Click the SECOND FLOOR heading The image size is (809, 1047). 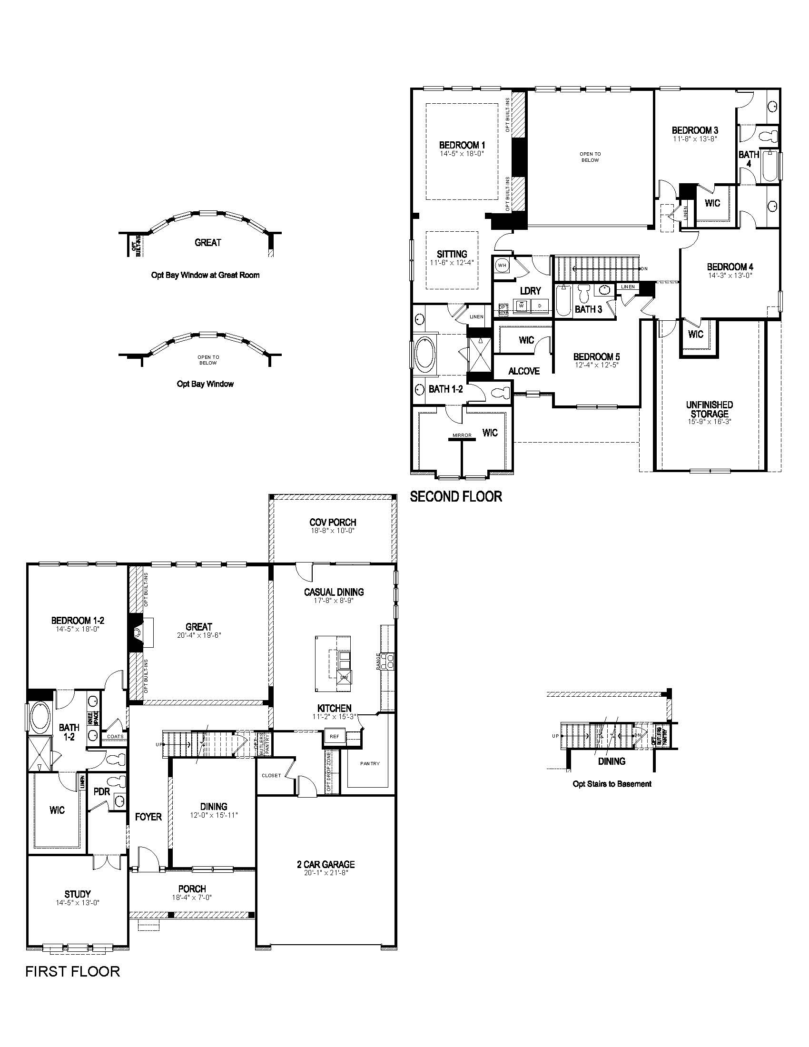(x=456, y=497)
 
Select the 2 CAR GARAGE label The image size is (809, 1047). (x=326, y=864)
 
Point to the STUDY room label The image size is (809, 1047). (x=78, y=894)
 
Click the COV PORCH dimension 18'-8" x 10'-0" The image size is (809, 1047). (x=332, y=531)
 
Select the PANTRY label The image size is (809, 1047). (x=370, y=764)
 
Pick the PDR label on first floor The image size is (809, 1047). (x=102, y=792)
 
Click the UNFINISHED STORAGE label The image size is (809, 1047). (x=710, y=409)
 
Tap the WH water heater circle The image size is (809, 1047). (x=502, y=265)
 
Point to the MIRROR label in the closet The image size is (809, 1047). (x=462, y=435)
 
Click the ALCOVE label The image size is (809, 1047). (x=524, y=371)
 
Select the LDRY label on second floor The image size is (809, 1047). (x=530, y=291)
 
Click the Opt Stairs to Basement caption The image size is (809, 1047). (x=612, y=784)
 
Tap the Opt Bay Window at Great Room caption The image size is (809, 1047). (x=205, y=275)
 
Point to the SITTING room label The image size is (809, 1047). (x=452, y=254)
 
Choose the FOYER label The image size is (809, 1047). (x=148, y=816)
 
